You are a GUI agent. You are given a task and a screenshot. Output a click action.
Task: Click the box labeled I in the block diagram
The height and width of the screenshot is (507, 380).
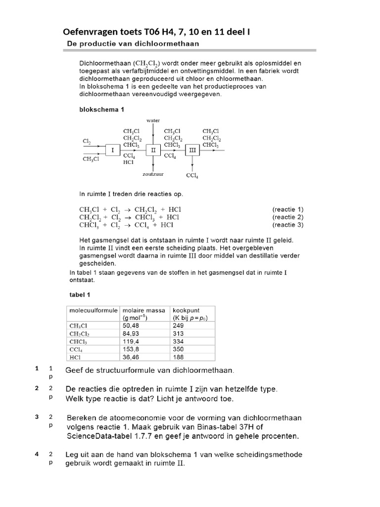[112, 150]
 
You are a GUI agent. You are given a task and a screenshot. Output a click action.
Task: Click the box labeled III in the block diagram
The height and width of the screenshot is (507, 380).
[192, 150]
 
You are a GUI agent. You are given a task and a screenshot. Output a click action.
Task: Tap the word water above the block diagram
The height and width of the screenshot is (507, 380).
[154, 120]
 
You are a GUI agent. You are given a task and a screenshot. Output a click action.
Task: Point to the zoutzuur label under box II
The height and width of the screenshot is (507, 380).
[153, 174]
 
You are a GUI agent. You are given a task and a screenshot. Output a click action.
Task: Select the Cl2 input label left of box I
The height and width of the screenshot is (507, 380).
[87, 142]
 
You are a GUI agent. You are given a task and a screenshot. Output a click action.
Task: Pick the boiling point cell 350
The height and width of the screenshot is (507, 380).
[178, 349]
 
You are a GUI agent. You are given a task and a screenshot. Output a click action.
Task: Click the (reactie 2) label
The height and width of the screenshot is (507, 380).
[288, 217]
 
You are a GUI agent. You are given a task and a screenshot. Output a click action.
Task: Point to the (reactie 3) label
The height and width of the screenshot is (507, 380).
[288, 225]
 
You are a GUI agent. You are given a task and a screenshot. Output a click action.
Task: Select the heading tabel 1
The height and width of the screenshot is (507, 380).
[80, 295]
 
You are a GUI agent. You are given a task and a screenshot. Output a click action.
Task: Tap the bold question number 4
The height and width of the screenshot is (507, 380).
[37, 454]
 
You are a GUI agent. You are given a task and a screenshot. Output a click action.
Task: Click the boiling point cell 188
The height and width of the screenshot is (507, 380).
[178, 356]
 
